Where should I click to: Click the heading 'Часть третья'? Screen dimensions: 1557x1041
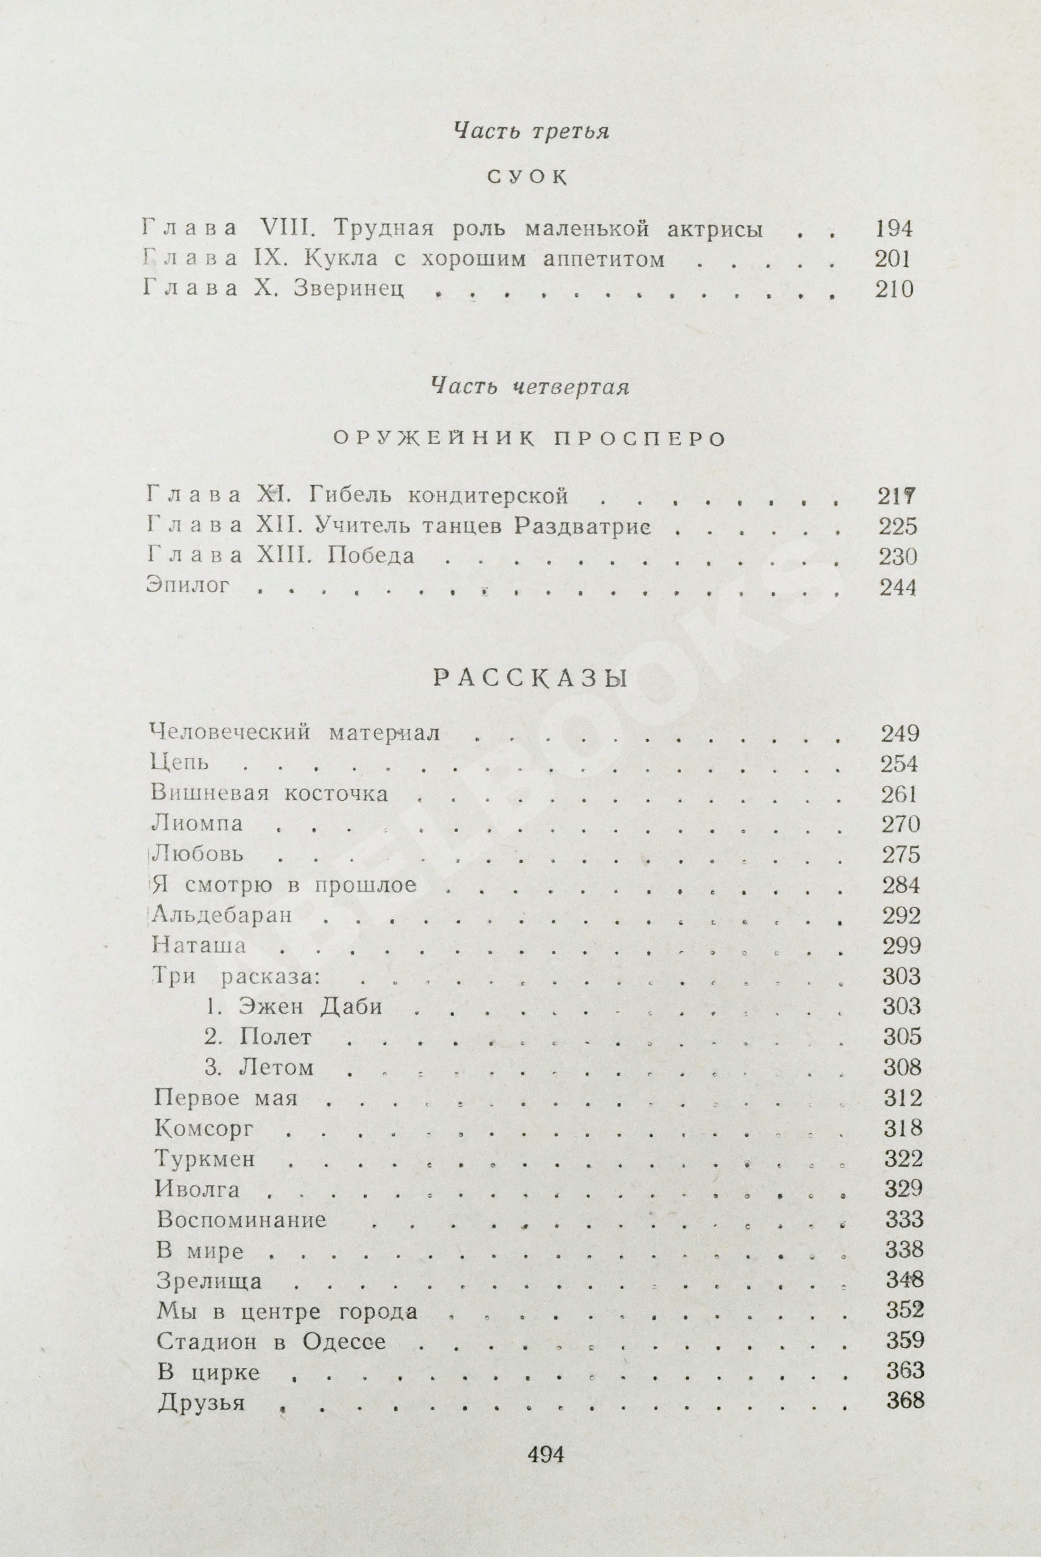[531, 132]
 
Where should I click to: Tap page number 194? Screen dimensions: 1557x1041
[893, 229]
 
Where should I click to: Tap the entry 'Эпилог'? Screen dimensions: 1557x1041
[188, 586]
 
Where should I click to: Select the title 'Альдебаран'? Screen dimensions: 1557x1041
[222, 915]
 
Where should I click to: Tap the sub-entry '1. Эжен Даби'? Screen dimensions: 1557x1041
[293, 1006]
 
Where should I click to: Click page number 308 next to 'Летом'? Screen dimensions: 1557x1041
[902, 1067]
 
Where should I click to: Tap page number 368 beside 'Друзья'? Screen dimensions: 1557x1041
[905, 1401]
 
